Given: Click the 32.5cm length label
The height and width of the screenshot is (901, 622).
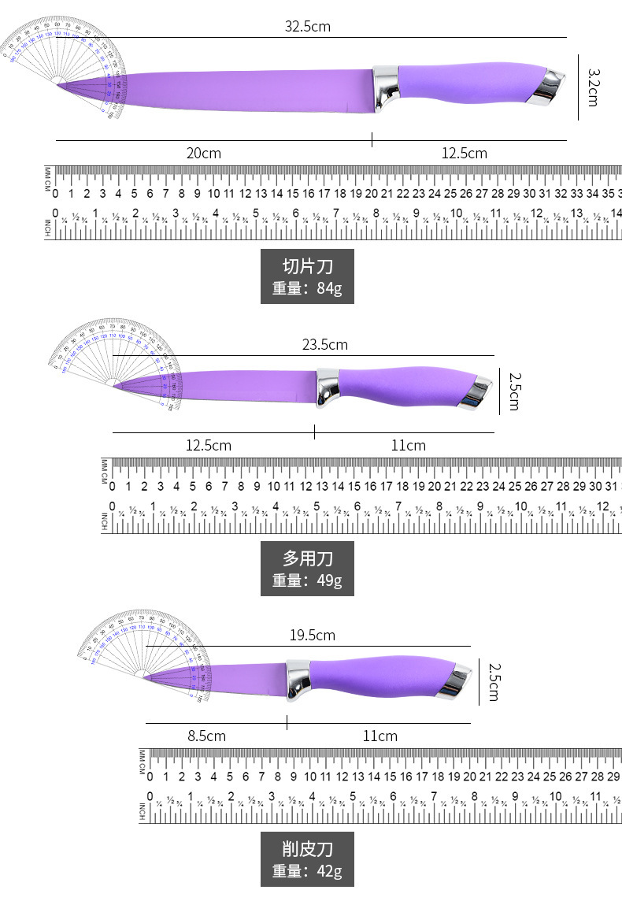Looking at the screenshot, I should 307,27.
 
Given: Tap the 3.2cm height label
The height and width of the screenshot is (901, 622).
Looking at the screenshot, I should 592,87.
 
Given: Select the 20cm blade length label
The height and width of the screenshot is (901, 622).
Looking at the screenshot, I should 203,154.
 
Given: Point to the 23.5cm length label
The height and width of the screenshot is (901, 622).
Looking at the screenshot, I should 324,345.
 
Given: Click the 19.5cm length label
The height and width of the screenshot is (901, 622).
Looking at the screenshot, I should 313,636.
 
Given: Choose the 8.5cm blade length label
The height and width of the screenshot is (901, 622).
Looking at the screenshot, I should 206,736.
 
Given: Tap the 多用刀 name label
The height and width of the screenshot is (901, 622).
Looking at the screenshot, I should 307,558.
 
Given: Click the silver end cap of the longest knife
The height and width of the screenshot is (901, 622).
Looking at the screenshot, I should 549,86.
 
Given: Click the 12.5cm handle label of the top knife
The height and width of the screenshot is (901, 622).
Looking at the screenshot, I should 464,154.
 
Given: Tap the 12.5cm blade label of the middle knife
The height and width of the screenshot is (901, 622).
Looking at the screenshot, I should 209,446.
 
